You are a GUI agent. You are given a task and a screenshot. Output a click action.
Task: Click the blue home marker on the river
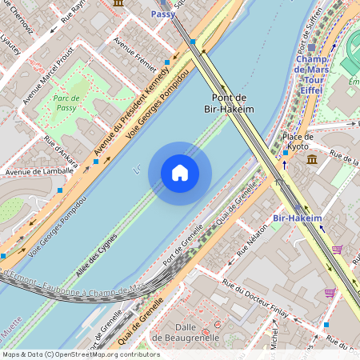[180, 173]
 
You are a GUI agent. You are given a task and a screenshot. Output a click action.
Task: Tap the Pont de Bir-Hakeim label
[229, 102]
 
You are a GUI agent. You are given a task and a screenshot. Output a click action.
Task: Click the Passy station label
[162, 14]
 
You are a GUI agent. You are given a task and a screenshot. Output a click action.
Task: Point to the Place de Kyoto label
[298, 142]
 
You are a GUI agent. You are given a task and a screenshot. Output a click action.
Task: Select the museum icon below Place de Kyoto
[311, 159]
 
